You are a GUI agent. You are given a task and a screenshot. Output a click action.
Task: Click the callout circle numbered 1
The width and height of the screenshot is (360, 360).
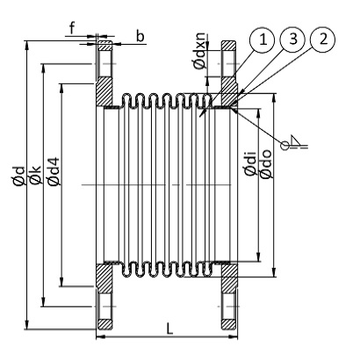pyautogui.click(x=260, y=40)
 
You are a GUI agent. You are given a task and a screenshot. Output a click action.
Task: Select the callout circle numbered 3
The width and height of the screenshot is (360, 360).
pyautogui.click(x=292, y=40)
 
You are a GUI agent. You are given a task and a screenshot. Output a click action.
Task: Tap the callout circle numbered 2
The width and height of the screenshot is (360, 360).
pyautogui.click(x=323, y=40)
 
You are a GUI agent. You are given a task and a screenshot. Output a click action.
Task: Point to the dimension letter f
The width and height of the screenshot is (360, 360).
pyautogui.click(x=71, y=26)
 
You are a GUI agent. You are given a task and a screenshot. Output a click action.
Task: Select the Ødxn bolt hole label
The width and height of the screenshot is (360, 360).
pyautogui.click(x=200, y=53)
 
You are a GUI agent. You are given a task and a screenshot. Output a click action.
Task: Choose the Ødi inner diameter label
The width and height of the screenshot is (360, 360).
pyautogui.click(x=250, y=166)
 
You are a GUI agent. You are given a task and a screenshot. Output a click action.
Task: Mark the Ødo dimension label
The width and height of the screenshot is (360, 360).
pyautogui.click(x=265, y=166)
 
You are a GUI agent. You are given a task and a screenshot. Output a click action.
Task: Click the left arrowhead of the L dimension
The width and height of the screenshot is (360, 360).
pyautogui.click(x=99, y=335)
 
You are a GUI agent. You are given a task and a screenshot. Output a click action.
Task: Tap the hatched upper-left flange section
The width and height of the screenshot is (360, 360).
pyautogui.click(x=104, y=88)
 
